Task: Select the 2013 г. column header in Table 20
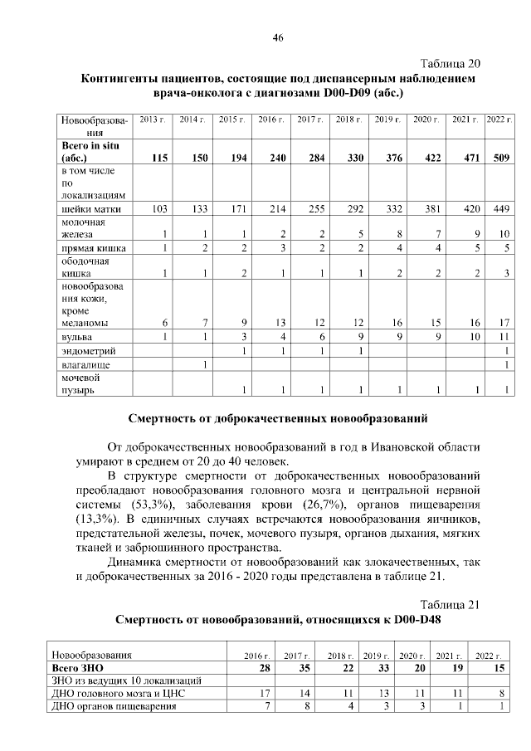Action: pyautogui.click(x=152, y=120)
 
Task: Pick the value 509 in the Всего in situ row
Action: pyautogui.click(x=500, y=157)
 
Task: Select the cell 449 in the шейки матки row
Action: pyautogui.click(x=499, y=209)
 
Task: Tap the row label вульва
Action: pyautogui.click(x=75, y=337)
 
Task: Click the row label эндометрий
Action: pyautogui.click(x=84, y=352)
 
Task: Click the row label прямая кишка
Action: pyautogui.click(x=89, y=248)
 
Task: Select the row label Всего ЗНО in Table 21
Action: pyautogui.click(x=78, y=668)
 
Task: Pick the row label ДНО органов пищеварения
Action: pyautogui.click(x=113, y=706)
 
